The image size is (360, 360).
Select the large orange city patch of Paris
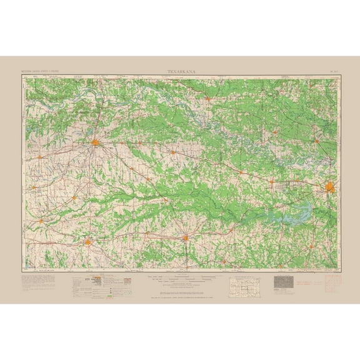96,144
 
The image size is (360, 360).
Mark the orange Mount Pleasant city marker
186,237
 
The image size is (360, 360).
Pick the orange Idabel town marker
207,98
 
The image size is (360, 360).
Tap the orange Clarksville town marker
173,151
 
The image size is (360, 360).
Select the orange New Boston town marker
271,181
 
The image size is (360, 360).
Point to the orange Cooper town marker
74,197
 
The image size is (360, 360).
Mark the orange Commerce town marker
41,220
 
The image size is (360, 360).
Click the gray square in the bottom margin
283,282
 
